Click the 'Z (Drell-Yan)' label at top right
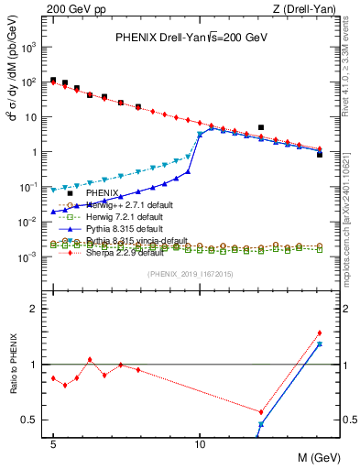292,8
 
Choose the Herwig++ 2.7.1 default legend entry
128,204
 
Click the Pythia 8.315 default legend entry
125,227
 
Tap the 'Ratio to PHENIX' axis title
12,364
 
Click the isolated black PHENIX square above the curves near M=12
261,127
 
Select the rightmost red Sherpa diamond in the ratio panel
319,333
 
